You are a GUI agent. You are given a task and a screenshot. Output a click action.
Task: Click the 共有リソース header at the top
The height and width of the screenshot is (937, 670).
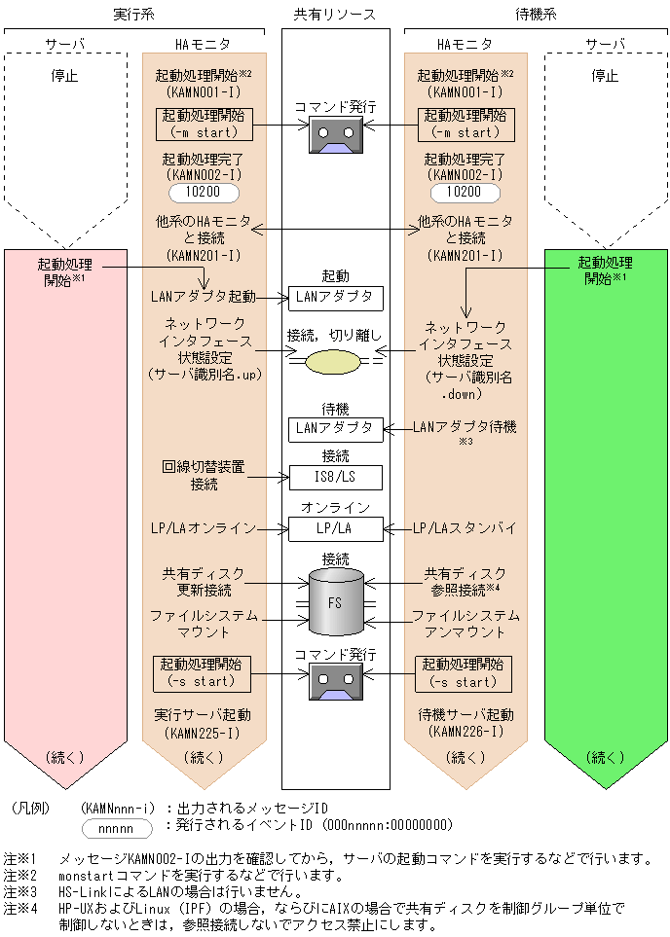(x=334, y=14)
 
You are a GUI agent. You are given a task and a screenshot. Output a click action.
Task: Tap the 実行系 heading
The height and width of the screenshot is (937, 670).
(x=134, y=14)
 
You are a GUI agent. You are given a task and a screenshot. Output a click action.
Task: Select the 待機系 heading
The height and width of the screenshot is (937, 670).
(x=536, y=14)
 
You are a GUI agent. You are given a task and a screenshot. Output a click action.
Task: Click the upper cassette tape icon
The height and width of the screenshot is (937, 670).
(x=334, y=134)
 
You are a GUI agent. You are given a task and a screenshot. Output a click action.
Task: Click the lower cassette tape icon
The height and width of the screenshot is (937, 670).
(x=334, y=681)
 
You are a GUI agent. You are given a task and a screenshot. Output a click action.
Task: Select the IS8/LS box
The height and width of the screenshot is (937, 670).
(x=335, y=478)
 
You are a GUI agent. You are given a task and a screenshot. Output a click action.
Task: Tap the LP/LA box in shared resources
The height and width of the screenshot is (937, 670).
(x=335, y=528)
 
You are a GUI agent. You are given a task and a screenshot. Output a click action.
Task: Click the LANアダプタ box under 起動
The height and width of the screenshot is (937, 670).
(x=335, y=297)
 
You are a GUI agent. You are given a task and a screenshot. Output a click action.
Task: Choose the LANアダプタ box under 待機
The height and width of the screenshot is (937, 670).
(x=335, y=428)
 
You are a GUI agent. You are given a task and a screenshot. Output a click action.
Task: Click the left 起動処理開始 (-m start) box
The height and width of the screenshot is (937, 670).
(x=204, y=125)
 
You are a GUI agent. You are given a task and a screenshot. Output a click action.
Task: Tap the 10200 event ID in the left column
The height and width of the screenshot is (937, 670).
(x=205, y=193)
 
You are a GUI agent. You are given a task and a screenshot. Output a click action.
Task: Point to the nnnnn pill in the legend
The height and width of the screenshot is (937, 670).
(x=118, y=827)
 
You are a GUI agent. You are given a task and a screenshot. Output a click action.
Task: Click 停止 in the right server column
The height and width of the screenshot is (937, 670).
(x=606, y=76)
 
